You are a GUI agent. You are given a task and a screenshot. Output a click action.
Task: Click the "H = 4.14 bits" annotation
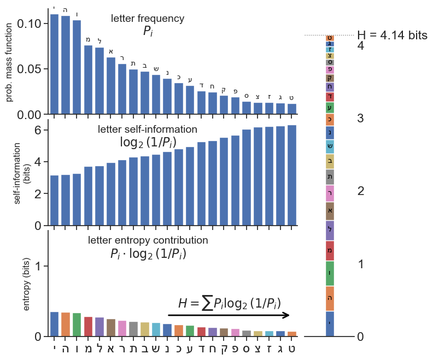point(391,35)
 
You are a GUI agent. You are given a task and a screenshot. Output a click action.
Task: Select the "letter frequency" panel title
point(148,19)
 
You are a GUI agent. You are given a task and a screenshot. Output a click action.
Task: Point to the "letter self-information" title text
point(148,129)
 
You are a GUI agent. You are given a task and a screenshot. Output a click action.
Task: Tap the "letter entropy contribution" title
point(148,240)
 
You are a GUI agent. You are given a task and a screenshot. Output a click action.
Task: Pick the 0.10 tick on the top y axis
point(30,23)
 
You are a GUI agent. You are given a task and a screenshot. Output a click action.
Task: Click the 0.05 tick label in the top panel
point(30,69)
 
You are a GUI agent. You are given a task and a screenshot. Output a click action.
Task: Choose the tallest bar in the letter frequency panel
point(55,64)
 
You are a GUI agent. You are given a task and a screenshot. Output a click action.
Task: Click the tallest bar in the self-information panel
point(292,175)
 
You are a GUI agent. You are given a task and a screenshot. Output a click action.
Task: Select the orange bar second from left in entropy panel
point(66,324)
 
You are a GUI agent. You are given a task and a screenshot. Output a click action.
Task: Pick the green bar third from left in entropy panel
point(77,324)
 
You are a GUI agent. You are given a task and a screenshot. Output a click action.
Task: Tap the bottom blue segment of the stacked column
point(330,323)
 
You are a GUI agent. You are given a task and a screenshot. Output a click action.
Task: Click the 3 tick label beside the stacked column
point(360,119)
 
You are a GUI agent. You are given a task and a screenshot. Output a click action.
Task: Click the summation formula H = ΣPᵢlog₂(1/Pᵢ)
point(229,304)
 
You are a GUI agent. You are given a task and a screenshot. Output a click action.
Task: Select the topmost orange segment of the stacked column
point(330,38)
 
